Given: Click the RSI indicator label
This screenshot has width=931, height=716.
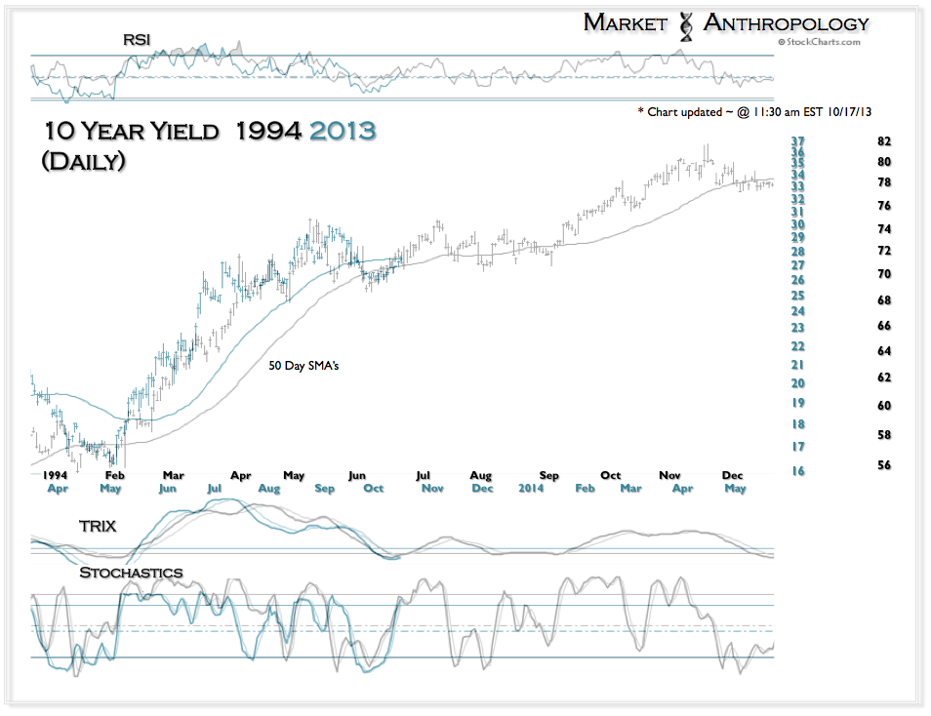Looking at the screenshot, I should tap(137, 39).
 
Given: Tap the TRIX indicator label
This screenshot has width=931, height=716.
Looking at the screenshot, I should tap(98, 526).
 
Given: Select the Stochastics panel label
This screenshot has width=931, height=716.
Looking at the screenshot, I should tap(131, 572).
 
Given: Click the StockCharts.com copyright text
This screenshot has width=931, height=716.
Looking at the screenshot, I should tap(820, 43).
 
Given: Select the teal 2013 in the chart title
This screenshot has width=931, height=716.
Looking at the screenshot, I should tap(337, 131).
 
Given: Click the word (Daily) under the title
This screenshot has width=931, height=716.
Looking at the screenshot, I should tap(83, 162).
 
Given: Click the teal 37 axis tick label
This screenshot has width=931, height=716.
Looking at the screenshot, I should tap(797, 141).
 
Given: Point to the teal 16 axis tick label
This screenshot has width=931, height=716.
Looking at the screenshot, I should tap(797, 471).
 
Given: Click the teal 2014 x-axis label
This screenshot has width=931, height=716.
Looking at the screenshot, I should tap(531, 488).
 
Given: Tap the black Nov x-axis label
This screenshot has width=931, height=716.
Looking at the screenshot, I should tap(669, 475).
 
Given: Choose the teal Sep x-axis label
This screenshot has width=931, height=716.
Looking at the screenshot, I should tap(326, 488).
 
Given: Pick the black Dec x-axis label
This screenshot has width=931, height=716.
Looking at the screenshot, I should tap(732, 475).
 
